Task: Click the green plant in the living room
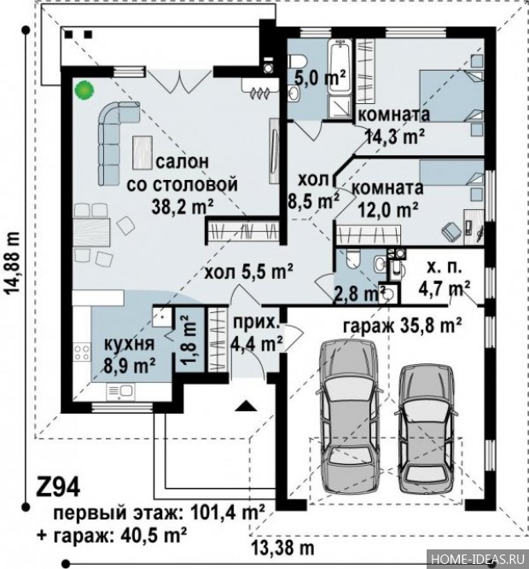(84, 90)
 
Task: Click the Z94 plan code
(58, 488)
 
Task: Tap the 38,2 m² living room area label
(182, 206)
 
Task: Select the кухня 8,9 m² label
(129, 355)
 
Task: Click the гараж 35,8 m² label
(403, 326)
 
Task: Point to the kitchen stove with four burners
(82, 352)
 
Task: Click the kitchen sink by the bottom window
(120, 391)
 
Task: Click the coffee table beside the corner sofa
(142, 152)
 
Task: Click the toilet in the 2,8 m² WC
(352, 258)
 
